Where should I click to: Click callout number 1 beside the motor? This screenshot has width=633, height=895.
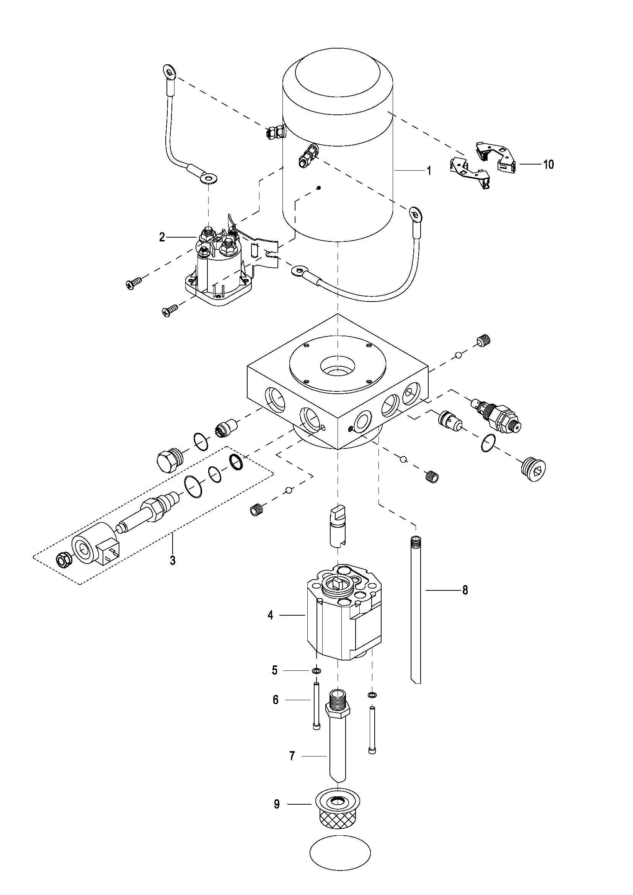(x=429, y=171)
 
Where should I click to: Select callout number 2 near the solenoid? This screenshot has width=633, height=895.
(x=162, y=237)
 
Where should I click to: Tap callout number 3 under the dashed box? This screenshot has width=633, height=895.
(x=173, y=561)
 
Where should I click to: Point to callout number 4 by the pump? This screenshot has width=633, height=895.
(x=271, y=616)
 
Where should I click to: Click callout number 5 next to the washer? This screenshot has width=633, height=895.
(x=275, y=670)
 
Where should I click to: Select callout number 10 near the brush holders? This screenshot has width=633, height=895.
(x=548, y=165)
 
